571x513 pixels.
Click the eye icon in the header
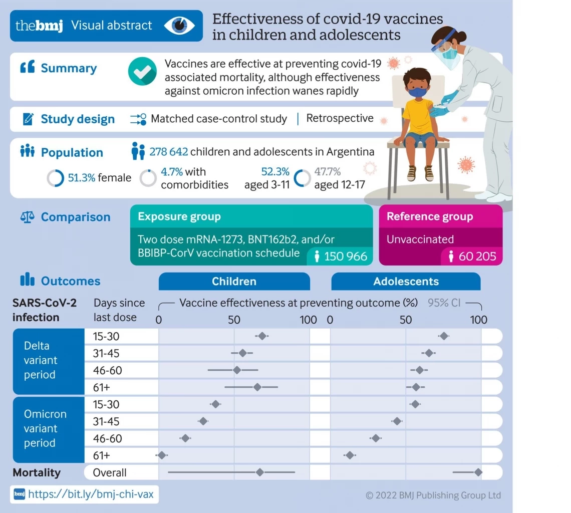coord(179,26)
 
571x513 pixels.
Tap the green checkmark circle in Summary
coord(143,71)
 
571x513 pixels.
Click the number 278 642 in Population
coord(169,152)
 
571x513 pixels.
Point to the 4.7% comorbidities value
coord(171,172)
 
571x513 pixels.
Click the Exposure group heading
coord(179,217)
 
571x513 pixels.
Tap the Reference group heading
coord(429,216)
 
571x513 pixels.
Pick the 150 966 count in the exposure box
coord(346,256)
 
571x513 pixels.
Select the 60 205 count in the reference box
coord(477,256)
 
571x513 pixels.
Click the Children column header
coord(234,281)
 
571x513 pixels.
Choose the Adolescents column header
coord(406,281)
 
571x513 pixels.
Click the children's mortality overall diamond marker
coord(259,472)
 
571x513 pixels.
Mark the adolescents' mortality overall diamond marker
coord(478,472)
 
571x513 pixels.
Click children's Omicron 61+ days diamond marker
coord(161,455)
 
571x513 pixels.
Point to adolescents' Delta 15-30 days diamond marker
coord(443,336)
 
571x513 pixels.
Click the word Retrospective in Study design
coord(340,118)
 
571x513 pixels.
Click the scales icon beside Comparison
coord(27,217)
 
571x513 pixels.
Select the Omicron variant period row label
coord(45,428)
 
